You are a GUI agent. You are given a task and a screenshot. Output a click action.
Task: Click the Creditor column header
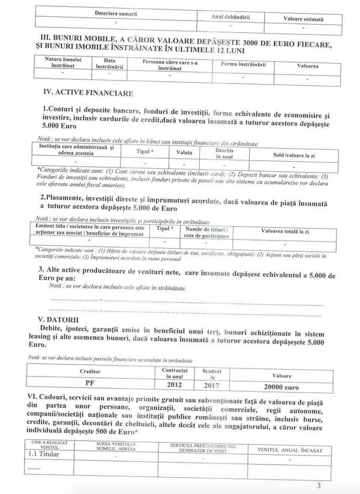(x=90, y=371)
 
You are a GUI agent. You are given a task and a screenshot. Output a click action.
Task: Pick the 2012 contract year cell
(x=175, y=385)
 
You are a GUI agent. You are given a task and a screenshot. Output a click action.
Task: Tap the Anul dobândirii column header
(x=230, y=17)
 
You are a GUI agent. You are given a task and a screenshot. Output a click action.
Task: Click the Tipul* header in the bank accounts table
(x=144, y=151)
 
